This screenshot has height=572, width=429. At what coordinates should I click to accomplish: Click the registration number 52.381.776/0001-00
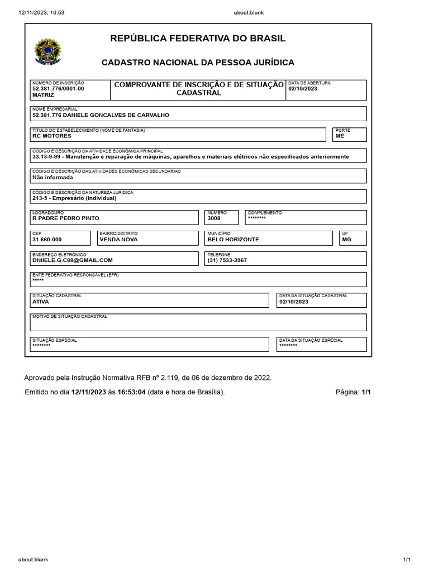tap(59, 89)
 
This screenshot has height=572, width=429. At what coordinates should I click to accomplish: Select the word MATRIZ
tap(43, 96)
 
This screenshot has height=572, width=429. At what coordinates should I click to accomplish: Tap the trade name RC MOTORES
tap(52, 136)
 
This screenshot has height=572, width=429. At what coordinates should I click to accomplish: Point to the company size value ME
tap(340, 136)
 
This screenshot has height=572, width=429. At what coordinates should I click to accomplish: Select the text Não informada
tap(53, 177)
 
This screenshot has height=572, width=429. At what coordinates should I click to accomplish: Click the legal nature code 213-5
tap(40, 198)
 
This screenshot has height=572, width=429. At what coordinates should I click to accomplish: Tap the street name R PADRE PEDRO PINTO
tap(66, 218)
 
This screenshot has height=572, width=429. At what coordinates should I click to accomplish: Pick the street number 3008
tap(214, 218)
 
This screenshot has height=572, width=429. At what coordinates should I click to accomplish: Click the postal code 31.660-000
tap(47, 240)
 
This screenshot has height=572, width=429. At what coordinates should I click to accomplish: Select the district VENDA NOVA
tap(118, 240)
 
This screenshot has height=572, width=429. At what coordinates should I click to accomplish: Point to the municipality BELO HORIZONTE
tap(233, 240)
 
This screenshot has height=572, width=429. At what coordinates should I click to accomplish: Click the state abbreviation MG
tap(346, 240)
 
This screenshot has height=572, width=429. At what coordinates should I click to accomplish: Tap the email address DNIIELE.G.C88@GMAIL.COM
tap(73, 260)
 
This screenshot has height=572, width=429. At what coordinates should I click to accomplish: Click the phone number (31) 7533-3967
tap(227, 260)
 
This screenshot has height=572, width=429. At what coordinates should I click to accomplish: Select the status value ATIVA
tap(41, 302)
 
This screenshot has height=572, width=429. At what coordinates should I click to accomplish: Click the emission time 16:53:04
tap(131, 392)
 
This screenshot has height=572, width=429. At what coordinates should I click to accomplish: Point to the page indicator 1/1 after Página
tap(366, 392)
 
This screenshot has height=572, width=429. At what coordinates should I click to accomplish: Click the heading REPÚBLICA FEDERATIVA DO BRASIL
tap(198, 39)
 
